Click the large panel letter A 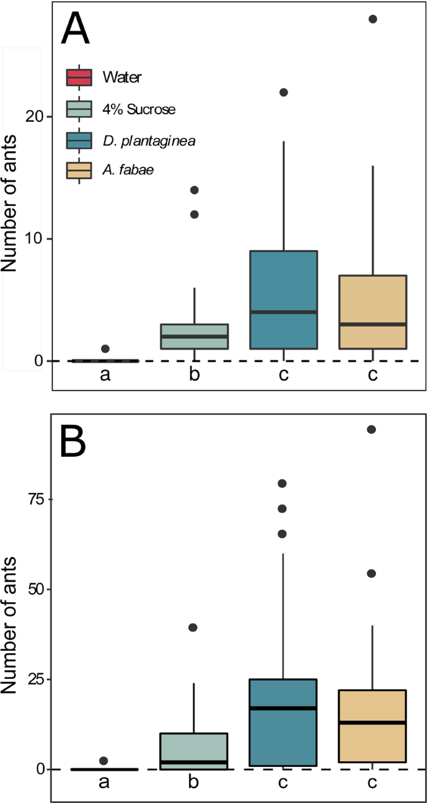[75, 30]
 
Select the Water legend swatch [79, 78]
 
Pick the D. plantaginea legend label [150, 140]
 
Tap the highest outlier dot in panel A [372, 19]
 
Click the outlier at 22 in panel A [284, 92]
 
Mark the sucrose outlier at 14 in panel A [194, 190]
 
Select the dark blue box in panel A [284, 299]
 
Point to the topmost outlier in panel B [372, 429]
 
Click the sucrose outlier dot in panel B [193, 627]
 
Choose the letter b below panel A [194, 376]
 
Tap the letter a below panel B [104, 784]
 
